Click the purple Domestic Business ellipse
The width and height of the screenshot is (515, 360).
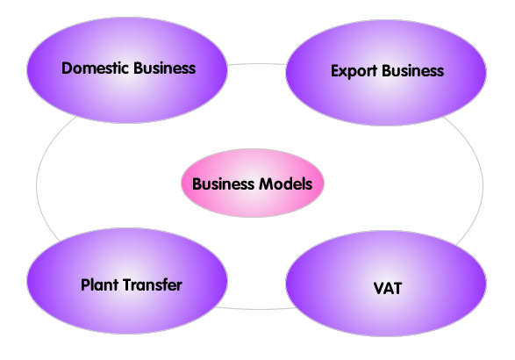pos(127,70)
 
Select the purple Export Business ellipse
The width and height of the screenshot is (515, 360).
pos(386,73)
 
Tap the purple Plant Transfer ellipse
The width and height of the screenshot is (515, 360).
pos(127,281)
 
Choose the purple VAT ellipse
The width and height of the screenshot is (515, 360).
pos(386,284)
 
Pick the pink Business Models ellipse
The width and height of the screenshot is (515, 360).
pos(253,184)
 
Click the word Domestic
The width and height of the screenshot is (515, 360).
pos(95,68)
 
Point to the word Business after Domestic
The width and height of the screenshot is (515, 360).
pos(165,68)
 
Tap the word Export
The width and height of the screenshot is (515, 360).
pos(354,71)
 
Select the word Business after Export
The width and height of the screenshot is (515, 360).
pos(413,71)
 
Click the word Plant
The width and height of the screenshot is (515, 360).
pos(99,284)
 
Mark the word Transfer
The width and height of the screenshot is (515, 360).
pos(153,284)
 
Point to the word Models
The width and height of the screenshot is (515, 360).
pos(286,184)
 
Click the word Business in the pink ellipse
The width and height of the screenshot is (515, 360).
pos(223,184)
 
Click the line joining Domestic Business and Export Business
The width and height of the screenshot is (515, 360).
pos(256,64)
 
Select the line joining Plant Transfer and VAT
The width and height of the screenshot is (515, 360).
pos(256,309)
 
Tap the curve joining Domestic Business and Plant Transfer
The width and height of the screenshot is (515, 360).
pos(37,184)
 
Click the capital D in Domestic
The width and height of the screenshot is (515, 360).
pos(67,68)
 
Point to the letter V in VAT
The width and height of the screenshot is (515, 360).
pos(379,288)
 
